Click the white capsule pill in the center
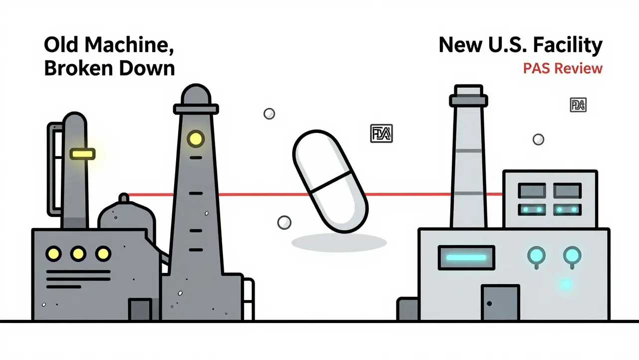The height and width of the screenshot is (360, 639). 330,182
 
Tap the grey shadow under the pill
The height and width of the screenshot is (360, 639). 339,243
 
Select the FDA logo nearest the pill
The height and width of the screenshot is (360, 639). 381,133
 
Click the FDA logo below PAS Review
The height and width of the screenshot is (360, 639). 578,105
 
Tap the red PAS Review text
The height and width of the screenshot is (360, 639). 563,68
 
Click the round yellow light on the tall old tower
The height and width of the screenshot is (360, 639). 195,138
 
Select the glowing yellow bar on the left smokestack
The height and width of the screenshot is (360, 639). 82,154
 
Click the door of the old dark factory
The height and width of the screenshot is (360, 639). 140,309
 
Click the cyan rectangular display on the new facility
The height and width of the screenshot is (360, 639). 465,258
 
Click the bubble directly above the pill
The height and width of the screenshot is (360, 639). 269,114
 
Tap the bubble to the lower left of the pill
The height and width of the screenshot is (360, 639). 284,222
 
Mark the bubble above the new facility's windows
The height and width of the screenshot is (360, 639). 538,139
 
